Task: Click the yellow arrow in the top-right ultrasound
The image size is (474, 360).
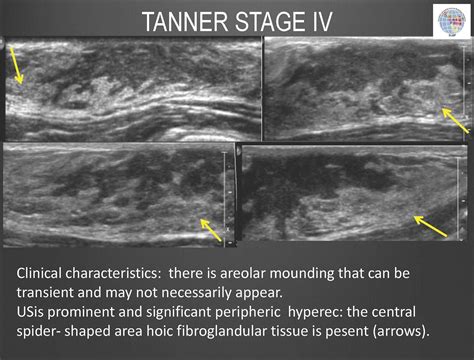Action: [x=455, y=119]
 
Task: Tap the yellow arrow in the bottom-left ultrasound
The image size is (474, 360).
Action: [x=211, y=229]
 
